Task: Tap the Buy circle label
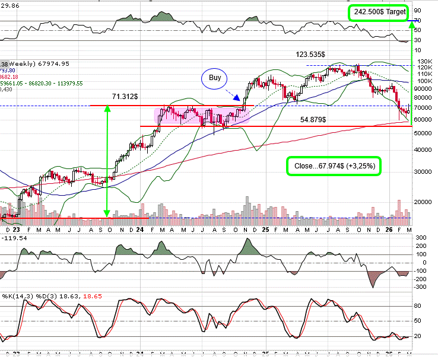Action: tap(215, 78)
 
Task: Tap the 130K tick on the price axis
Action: tap(423, 62)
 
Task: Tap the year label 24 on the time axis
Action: tap(140, 229)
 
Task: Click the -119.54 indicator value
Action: tap(14, 237)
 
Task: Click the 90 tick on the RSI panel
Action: tap(418, 10)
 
